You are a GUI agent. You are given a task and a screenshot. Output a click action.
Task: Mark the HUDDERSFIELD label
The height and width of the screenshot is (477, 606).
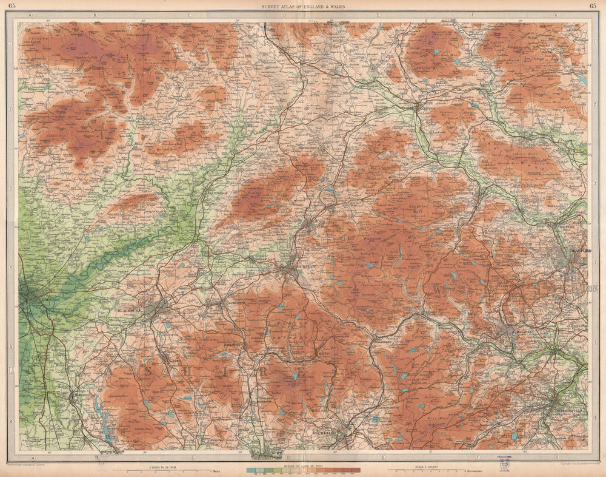[567, 411]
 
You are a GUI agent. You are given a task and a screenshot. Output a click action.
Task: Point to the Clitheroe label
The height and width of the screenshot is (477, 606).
[210, 192]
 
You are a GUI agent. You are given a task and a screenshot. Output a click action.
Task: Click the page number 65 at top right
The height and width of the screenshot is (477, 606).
[592, 6]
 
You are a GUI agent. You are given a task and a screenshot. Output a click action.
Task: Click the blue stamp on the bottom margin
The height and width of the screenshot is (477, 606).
[502, 461]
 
